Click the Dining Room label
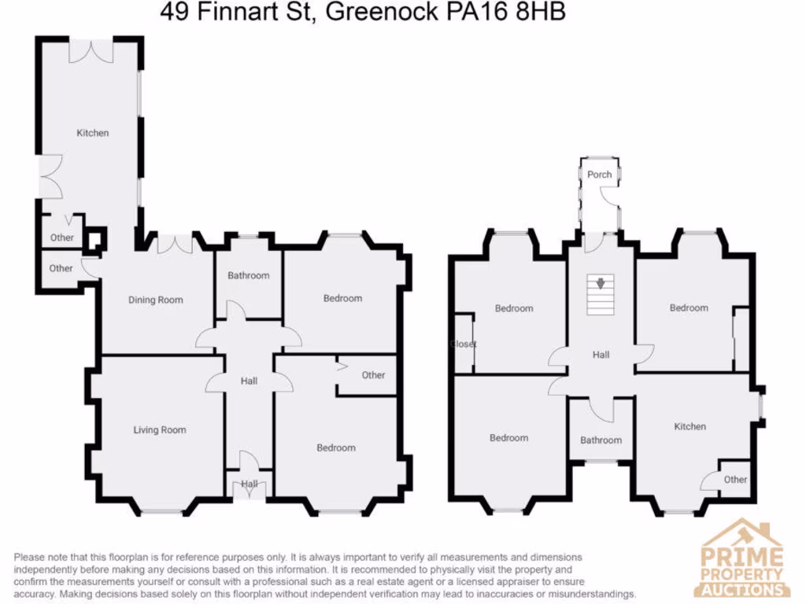(x=156, y=300)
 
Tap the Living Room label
(x=160, y=430)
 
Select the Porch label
(x=599, y=175)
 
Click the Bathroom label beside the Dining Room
(x=249, y=275)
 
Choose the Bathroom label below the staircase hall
(x=601, y=440)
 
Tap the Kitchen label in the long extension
(x=92, y=133)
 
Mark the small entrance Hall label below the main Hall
(x=250, y=484)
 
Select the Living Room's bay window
(x=161, y=512)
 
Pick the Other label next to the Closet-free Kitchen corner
(x=735, y=480)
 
